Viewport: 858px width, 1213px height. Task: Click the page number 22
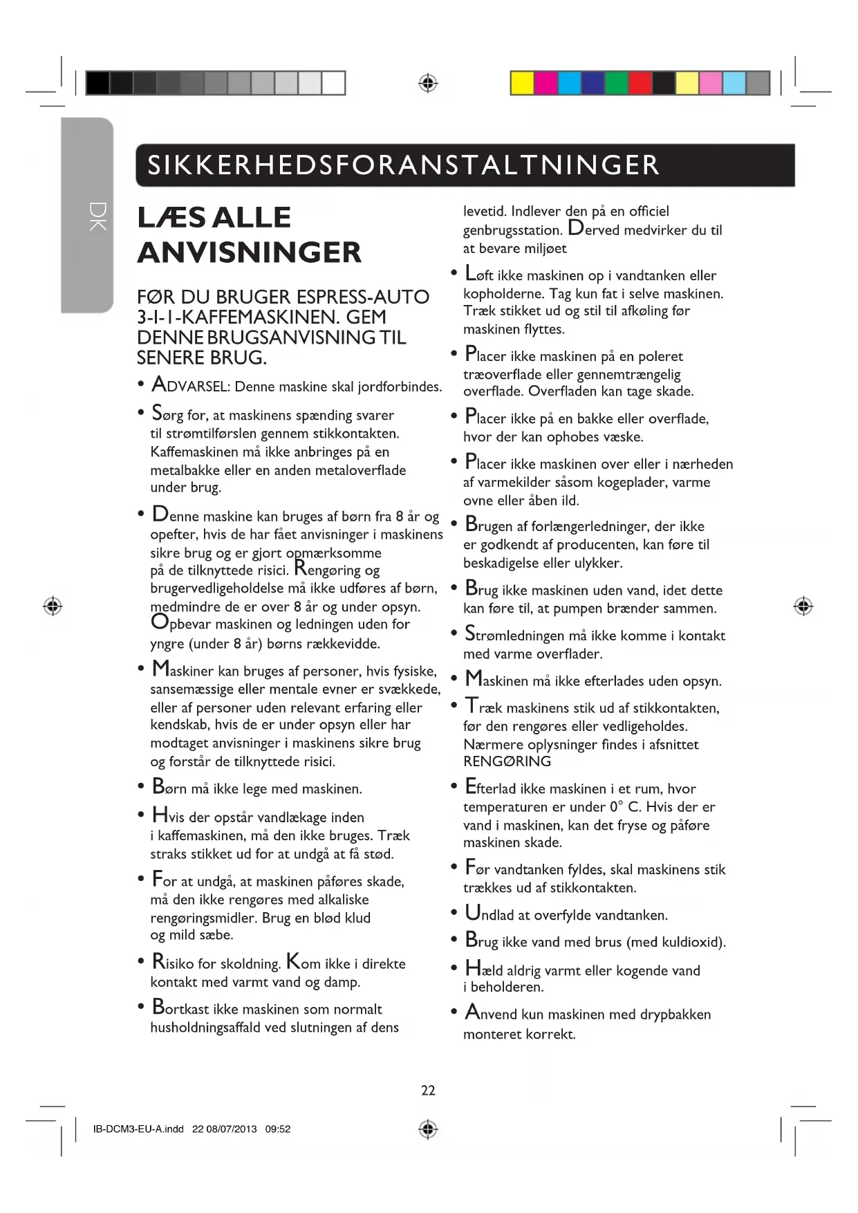point(428,1090)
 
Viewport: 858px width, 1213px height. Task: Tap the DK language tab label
point(97,216)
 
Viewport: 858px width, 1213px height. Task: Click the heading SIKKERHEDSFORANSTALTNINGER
point(403,165)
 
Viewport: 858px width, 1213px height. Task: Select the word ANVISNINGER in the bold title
point(250,252)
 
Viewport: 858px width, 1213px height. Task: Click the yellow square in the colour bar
point(522,83)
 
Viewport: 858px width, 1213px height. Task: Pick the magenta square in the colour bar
point(545,83)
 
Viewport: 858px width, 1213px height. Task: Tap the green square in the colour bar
point(616,83)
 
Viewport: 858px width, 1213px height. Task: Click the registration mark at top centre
point(428,84)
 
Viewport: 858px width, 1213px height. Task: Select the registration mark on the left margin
point(53,606)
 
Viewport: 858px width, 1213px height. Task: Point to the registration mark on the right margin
point(803,606)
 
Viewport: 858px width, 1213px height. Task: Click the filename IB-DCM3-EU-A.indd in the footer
point(138,1129)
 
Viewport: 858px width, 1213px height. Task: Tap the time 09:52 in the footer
point(278,1129)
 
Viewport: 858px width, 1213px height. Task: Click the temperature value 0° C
point(625,806)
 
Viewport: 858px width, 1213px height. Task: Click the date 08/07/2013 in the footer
point(232,1129)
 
